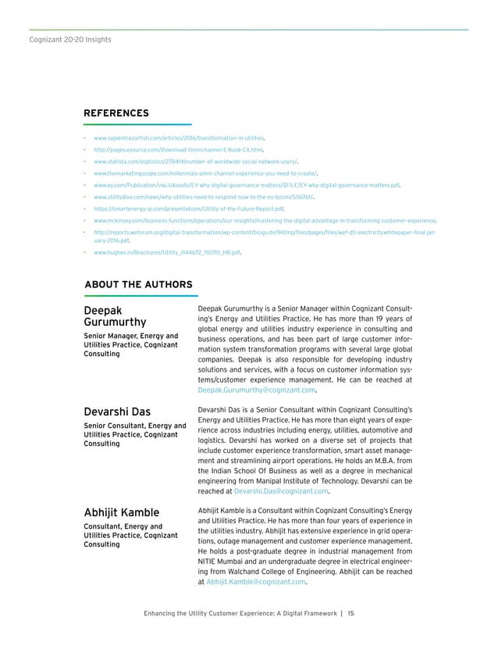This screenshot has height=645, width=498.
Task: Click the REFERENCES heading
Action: [116, 113]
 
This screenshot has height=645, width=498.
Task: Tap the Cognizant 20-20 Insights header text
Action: [59, 38]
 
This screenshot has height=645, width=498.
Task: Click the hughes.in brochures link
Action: [166, 253]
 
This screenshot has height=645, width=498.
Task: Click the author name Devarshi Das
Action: [117, 412]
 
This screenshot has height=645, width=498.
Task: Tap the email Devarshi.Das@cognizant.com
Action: [279, 492]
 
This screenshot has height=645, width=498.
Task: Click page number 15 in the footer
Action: [350, 613]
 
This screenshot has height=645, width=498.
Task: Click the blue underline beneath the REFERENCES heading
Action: [137, 125]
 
